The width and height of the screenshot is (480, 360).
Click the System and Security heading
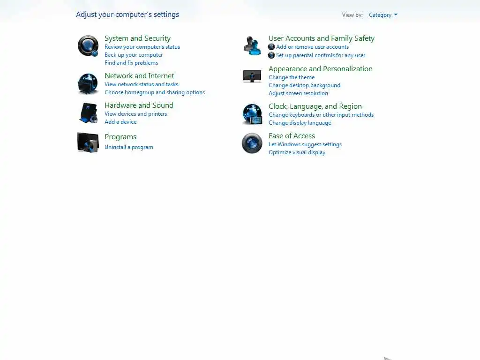[x=137, y=38]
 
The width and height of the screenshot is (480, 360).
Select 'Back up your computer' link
[x=134, y=55]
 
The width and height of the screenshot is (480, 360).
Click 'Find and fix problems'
[x=131, y=63]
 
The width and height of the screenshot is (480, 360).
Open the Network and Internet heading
[x=139, y=76]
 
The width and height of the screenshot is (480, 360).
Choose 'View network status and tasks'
[x=141, y=84]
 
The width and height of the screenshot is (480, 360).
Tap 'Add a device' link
[x=120, y=122]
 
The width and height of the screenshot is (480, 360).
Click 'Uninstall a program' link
[x=129, y=147]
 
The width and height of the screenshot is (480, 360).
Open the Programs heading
[x=120, y=137]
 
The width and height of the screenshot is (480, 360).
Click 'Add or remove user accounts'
[x=312, y=47]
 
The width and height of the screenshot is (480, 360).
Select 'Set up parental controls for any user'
[x=321, y=55]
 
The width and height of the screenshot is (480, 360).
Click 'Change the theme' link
[x=292, y=77]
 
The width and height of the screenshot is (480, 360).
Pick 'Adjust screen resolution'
[x=298, y=93]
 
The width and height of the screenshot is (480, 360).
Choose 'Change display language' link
[x=300, y=123]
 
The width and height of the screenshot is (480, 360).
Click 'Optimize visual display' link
[x=297, y=152]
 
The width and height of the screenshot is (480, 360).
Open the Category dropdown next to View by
[x=383, y=15]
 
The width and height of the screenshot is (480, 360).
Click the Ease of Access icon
[x=252, y=143]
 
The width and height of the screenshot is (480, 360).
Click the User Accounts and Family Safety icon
[x=252, y=46]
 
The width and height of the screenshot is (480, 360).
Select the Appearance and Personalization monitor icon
[x=252, y=76]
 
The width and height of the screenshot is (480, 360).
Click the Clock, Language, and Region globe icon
[x=252, y=114]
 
